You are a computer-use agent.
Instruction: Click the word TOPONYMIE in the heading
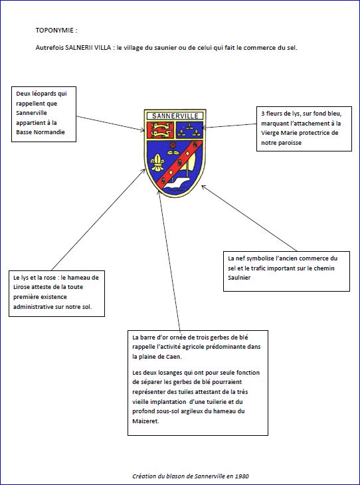coord(54,31)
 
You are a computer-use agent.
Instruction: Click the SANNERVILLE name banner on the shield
coord(175,116)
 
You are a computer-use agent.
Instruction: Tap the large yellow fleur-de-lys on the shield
coord(157,161)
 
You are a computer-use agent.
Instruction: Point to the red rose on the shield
coord(173,144)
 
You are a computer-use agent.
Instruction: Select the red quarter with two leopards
coord(159,130)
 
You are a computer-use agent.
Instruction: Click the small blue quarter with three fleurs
coord(189,130)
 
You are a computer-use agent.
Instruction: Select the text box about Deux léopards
coord(44,114)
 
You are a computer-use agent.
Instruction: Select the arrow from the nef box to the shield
coord(249,218)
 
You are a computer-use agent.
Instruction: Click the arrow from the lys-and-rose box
coord(98,220)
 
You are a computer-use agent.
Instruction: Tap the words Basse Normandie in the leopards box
coord(41,132)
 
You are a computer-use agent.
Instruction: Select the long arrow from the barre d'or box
coord(169,260)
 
